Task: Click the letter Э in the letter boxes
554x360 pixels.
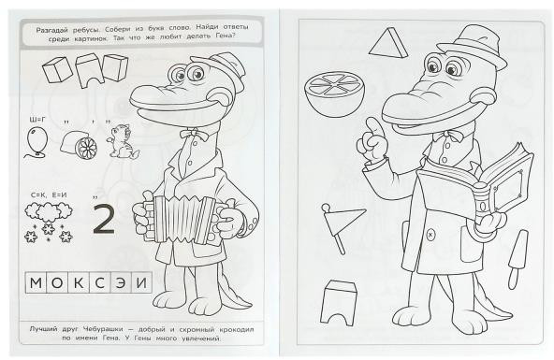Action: point(121,282)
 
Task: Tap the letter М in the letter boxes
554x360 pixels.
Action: point(36,282)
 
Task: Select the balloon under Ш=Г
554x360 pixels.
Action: point(36,142)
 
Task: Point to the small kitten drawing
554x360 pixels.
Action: point(122,141)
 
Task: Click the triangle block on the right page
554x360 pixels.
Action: point(388,43)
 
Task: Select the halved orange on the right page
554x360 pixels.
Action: point(333,94)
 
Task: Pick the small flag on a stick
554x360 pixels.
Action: point(341,226)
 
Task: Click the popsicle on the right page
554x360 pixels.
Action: point(518,259)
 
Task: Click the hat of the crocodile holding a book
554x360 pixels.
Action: point(473,45)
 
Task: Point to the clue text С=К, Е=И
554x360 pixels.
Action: point(49,194)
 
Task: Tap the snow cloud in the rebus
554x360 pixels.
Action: point(49,211)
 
